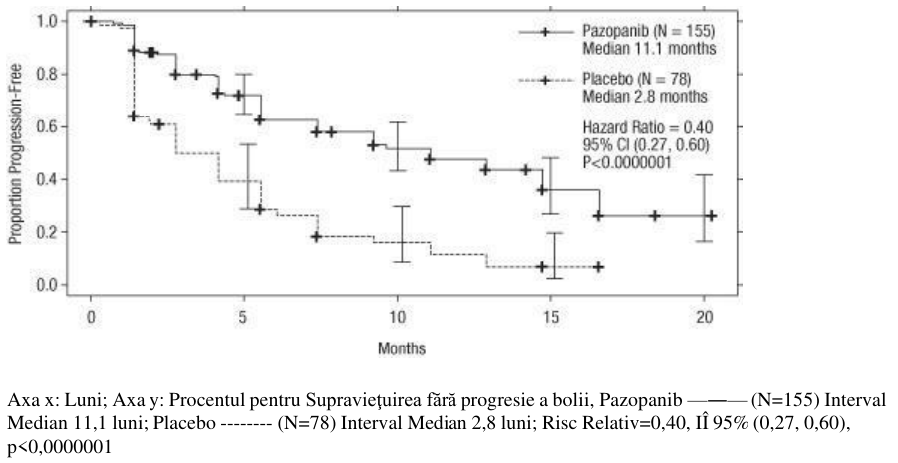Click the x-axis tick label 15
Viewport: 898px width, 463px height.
click(550, 317)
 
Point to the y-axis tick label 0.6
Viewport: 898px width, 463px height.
click(46, 127)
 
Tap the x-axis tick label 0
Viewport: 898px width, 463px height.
click(91, 317)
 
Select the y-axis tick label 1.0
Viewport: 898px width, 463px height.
click(46, 22)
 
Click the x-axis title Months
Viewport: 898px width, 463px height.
click(402, 347)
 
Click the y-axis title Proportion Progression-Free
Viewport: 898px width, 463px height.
click(16, 153)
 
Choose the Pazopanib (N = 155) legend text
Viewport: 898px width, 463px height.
click(649, 30)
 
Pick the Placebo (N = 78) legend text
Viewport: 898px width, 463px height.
click(637, 79)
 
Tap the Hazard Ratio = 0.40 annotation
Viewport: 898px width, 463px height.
click(648, 127)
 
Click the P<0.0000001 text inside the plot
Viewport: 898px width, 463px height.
click(627, 163)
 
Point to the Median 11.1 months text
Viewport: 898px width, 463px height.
click(649, 49)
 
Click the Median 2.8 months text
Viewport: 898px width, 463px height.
click(645, 97)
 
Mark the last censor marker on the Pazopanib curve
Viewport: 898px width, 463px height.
click(711, 216)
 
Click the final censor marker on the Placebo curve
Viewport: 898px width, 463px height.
click(598, 267)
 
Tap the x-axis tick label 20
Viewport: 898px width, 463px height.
click(704, 317)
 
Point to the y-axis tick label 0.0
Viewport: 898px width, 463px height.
click(46, 285)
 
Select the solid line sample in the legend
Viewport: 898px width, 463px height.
click(546, 32)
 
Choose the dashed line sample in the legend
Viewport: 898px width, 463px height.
click(546, 81)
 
